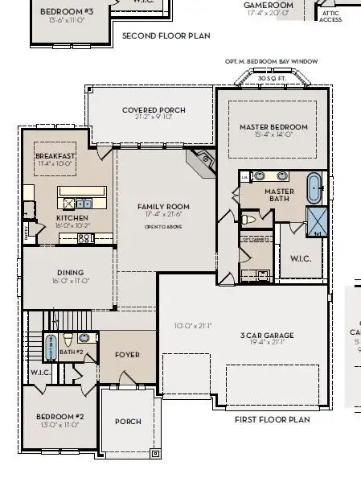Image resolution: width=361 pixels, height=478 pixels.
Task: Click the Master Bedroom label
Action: (x=273, y=127)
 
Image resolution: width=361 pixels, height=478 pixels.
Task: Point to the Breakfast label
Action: (x=55, y=156)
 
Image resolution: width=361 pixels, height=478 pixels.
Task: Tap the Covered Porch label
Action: (x=154, y=110)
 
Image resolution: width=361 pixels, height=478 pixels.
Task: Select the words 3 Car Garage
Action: (x=266, y=335)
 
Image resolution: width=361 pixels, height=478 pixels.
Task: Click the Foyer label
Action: (x=127, y=354)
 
